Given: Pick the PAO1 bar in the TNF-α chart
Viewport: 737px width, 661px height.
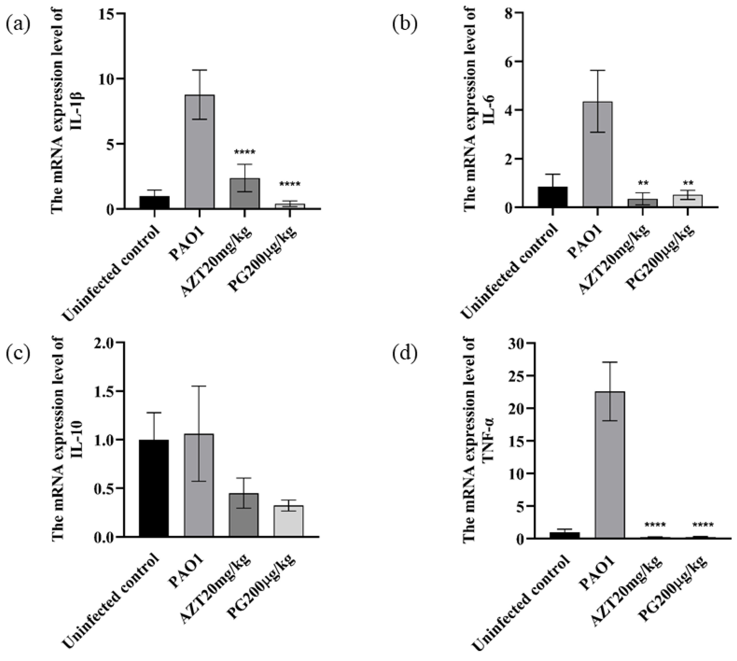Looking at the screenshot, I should click(610, 465).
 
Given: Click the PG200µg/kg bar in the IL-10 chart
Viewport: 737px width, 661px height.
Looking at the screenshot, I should click(289, 521).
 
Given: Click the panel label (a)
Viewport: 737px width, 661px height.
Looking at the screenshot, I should click(18, 25).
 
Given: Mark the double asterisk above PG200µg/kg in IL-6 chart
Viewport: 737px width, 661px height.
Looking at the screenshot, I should click(688, 183).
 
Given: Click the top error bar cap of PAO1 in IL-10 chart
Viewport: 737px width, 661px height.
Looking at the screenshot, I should click(199, 386).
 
